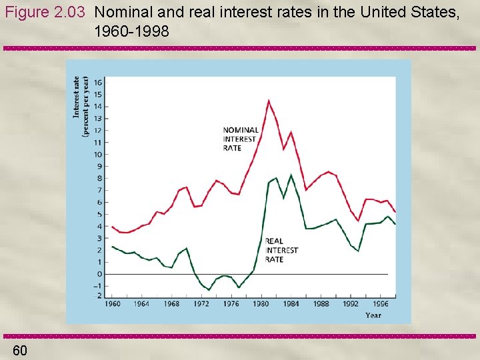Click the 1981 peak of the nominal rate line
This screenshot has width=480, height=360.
coord(269,101)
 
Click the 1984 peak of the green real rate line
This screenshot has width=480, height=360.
coord(291,175)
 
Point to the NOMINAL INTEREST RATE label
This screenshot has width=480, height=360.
coord(241,139)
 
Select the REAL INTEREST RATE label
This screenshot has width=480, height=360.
coord(281,250)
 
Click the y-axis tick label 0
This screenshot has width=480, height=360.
coord(99,274)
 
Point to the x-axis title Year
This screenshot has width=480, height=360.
coord(373,315)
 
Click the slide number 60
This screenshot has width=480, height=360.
coord(20,351)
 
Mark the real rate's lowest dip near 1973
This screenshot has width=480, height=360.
coord(209,290)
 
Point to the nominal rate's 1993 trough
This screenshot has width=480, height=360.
coord(358,221)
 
